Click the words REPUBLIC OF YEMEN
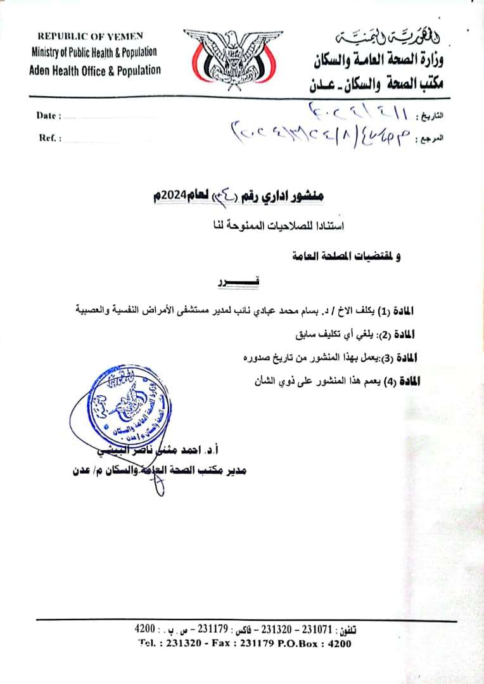coord(91,37)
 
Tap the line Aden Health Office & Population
coord(95,70)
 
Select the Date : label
coord(49,116)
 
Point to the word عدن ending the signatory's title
coord(82,471)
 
